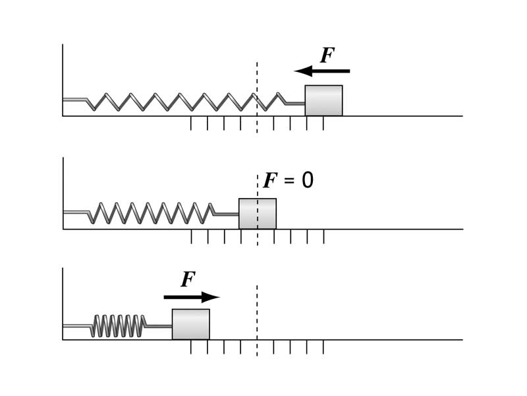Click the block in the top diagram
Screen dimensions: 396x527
[323, 100]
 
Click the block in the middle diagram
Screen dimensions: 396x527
[258, 214]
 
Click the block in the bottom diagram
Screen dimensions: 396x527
[191, 324]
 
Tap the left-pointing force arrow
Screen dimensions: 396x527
[322, 71]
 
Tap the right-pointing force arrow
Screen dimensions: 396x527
[191, 297]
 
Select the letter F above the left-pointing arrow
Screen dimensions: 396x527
[327, 55]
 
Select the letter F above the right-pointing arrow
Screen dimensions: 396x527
[188, 280]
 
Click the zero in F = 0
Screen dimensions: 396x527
[307, 181]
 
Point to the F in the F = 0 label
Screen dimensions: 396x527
[270, 181]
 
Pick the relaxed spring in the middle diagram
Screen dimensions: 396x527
[152, 213]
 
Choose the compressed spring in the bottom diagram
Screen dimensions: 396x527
[119, 325]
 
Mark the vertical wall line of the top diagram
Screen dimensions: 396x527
[63, 79]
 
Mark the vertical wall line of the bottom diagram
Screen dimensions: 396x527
[63, 304]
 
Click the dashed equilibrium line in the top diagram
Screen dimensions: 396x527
[257, 79]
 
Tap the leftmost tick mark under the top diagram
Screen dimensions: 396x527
[191, 123]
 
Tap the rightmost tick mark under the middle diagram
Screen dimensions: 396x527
[323, 236]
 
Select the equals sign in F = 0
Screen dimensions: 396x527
[289, 181]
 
